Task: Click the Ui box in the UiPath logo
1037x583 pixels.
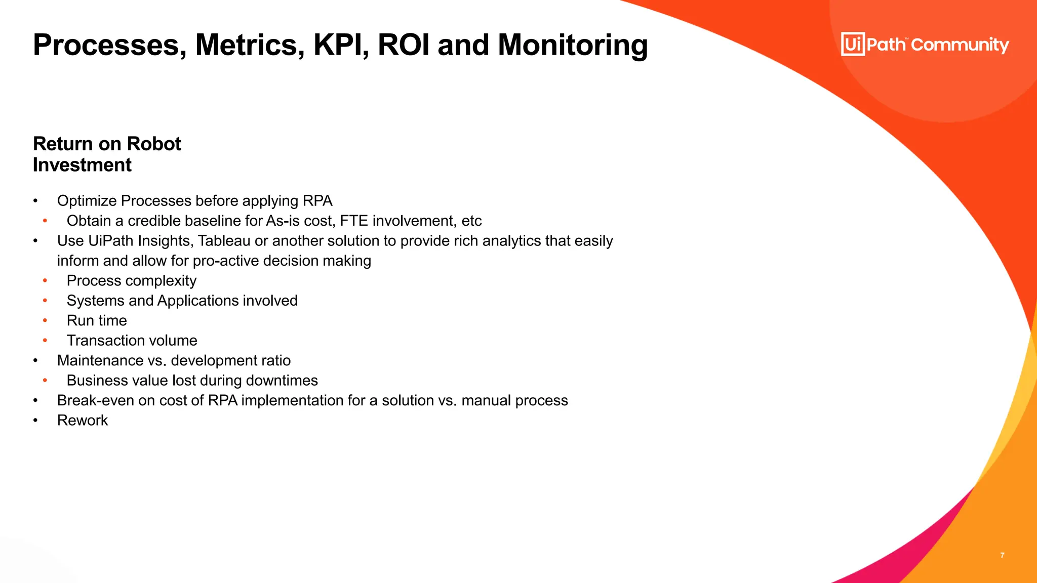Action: click(853, 44)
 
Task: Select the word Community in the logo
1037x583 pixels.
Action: click(960, 45)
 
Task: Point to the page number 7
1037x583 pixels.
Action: click(1002, 555)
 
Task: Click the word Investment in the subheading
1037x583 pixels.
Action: click(82, 165)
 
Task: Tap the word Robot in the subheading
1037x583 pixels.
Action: click(153, 144)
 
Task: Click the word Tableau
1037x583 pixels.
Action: click(224, 241)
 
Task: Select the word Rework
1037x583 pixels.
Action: click(83, 421)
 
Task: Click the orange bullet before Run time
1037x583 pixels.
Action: click(45, 320)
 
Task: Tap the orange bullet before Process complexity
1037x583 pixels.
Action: click(45, 280)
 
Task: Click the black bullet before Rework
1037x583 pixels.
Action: click(35, 421)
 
